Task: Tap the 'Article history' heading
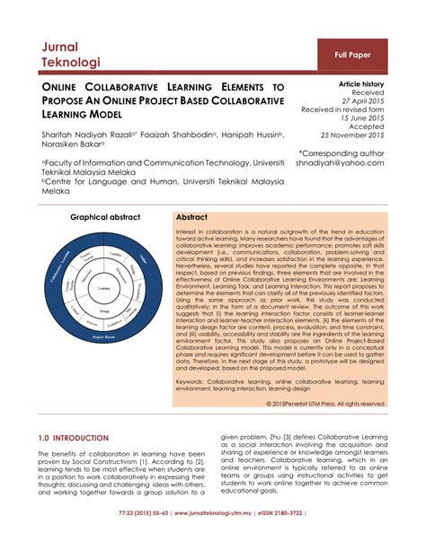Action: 360,83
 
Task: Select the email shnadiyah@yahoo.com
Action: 346,163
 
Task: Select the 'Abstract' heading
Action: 191,218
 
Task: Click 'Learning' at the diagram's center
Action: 105,287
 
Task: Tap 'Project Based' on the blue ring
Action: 104,335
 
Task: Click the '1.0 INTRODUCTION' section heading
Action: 74,438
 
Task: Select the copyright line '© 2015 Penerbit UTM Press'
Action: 326,403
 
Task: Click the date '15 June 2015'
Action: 362,118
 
